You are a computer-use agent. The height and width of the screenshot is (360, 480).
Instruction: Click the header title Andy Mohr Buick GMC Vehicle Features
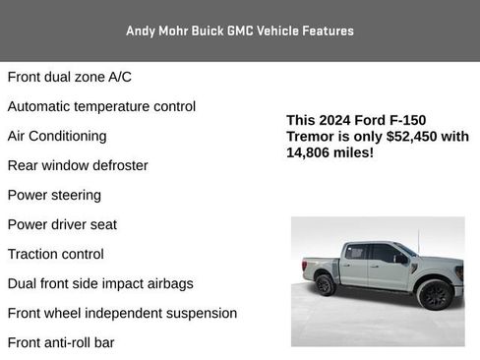click(240, 30)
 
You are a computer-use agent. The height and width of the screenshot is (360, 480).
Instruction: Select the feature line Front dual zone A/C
click(70, 77)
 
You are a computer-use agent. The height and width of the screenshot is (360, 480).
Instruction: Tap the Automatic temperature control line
click(101, 106)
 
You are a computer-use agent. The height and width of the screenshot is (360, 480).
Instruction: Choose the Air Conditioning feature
click(57, 136)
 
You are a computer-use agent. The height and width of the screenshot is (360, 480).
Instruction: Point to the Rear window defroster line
click(78, 165)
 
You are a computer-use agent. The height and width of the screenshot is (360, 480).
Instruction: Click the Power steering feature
click(54, 195)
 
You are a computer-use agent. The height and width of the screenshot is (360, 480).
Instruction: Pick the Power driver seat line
click(62, 224)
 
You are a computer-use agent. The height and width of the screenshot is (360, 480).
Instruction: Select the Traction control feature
click(56, 254)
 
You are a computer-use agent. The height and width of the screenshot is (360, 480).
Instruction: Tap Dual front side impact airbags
click(100, 283)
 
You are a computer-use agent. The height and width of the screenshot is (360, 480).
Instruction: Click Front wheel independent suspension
click(122, 313)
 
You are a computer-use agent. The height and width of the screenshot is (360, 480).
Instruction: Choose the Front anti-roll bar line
click(61, 342)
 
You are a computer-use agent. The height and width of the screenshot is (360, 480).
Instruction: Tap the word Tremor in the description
click(311, 137)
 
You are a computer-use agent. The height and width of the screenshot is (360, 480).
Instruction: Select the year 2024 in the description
click(339, 120)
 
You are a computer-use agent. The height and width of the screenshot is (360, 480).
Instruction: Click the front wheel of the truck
click(434, 294)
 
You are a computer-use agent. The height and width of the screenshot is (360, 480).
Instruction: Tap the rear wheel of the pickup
click(325, 284)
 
